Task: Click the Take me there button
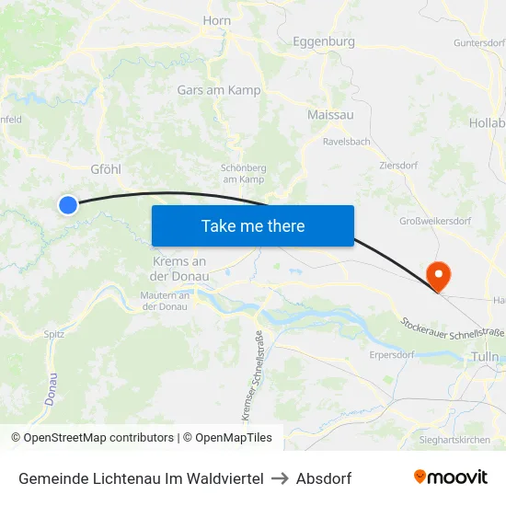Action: [253, 225]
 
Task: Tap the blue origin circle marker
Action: [68, 205]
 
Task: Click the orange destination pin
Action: [438, 274]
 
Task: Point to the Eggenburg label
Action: [323, 41]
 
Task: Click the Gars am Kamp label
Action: [219, 90]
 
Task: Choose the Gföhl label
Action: [106, 169]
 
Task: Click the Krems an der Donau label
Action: [178, 269]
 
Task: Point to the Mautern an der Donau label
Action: [166, 301]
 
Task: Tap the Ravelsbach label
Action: [347, 142]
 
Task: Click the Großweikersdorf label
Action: [435, 221]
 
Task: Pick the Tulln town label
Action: [484, 356]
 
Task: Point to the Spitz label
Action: [54, 334]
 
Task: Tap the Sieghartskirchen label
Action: [455, 440]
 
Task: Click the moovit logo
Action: [451, 477]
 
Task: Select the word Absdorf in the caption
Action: [324, 478]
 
